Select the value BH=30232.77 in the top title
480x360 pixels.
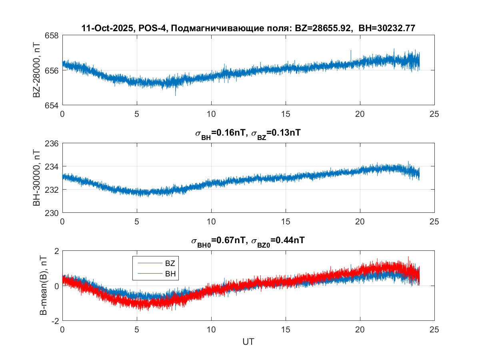[x=386, y=28]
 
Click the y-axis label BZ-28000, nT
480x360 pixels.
[x=37, y=70]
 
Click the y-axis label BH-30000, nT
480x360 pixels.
[x=37, y=178]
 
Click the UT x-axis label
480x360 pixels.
[x=248, y=342]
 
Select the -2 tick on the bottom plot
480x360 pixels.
[x=54, y=321]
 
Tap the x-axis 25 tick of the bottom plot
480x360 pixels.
[x=434, y=330]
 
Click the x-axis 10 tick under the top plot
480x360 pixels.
[x=211, y=114]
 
